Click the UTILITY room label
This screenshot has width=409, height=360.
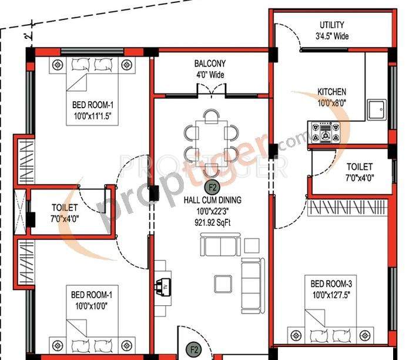point(332,25)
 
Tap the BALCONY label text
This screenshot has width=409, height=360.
point(210,64)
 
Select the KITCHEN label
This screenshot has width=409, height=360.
point(332,92)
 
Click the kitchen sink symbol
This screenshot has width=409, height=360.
point(376,109)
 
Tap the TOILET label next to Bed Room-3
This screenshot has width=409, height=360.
point(359,166)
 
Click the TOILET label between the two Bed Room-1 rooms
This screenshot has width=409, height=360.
point(65,207)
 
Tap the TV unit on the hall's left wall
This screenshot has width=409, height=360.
point(162,286)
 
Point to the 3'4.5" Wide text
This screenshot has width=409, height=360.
point(331,36)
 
